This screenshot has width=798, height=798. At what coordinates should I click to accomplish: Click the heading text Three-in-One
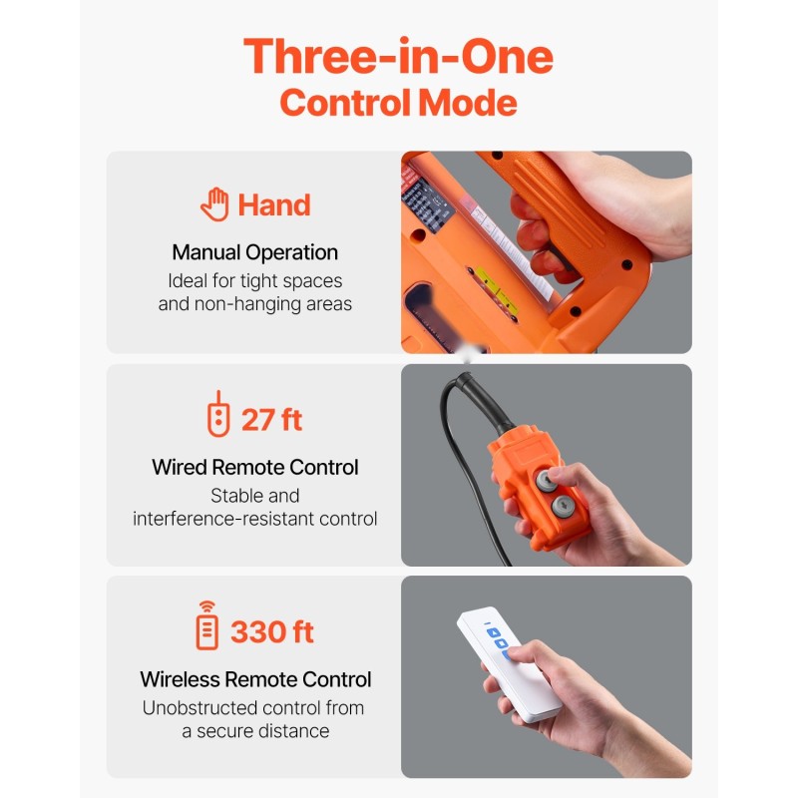pos(398,57)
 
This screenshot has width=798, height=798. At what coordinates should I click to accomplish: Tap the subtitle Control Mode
pos(398,103)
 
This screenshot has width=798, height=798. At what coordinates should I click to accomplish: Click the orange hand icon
pos(214,204)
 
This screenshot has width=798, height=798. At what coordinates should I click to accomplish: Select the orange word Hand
pos(274,205)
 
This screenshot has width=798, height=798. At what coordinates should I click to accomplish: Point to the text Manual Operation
pos(255,252)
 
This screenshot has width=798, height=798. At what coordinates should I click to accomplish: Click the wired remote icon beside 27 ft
pos(218,414)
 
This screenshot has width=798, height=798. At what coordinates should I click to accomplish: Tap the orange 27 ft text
pos(271,420)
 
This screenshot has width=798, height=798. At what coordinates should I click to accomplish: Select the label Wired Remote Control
pos(255,467)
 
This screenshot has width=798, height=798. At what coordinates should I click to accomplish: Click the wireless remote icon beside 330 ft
pos(207,625)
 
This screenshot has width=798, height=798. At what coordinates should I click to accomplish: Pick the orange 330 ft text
pos(272,632)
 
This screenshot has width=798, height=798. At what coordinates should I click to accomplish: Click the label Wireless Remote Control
pos(255,679)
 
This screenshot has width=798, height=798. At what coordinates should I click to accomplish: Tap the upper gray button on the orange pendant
pos(546,481)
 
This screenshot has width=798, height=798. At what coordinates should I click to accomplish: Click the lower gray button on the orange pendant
pos(563,506)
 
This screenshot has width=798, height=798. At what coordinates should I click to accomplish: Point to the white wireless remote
pos(509,664)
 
